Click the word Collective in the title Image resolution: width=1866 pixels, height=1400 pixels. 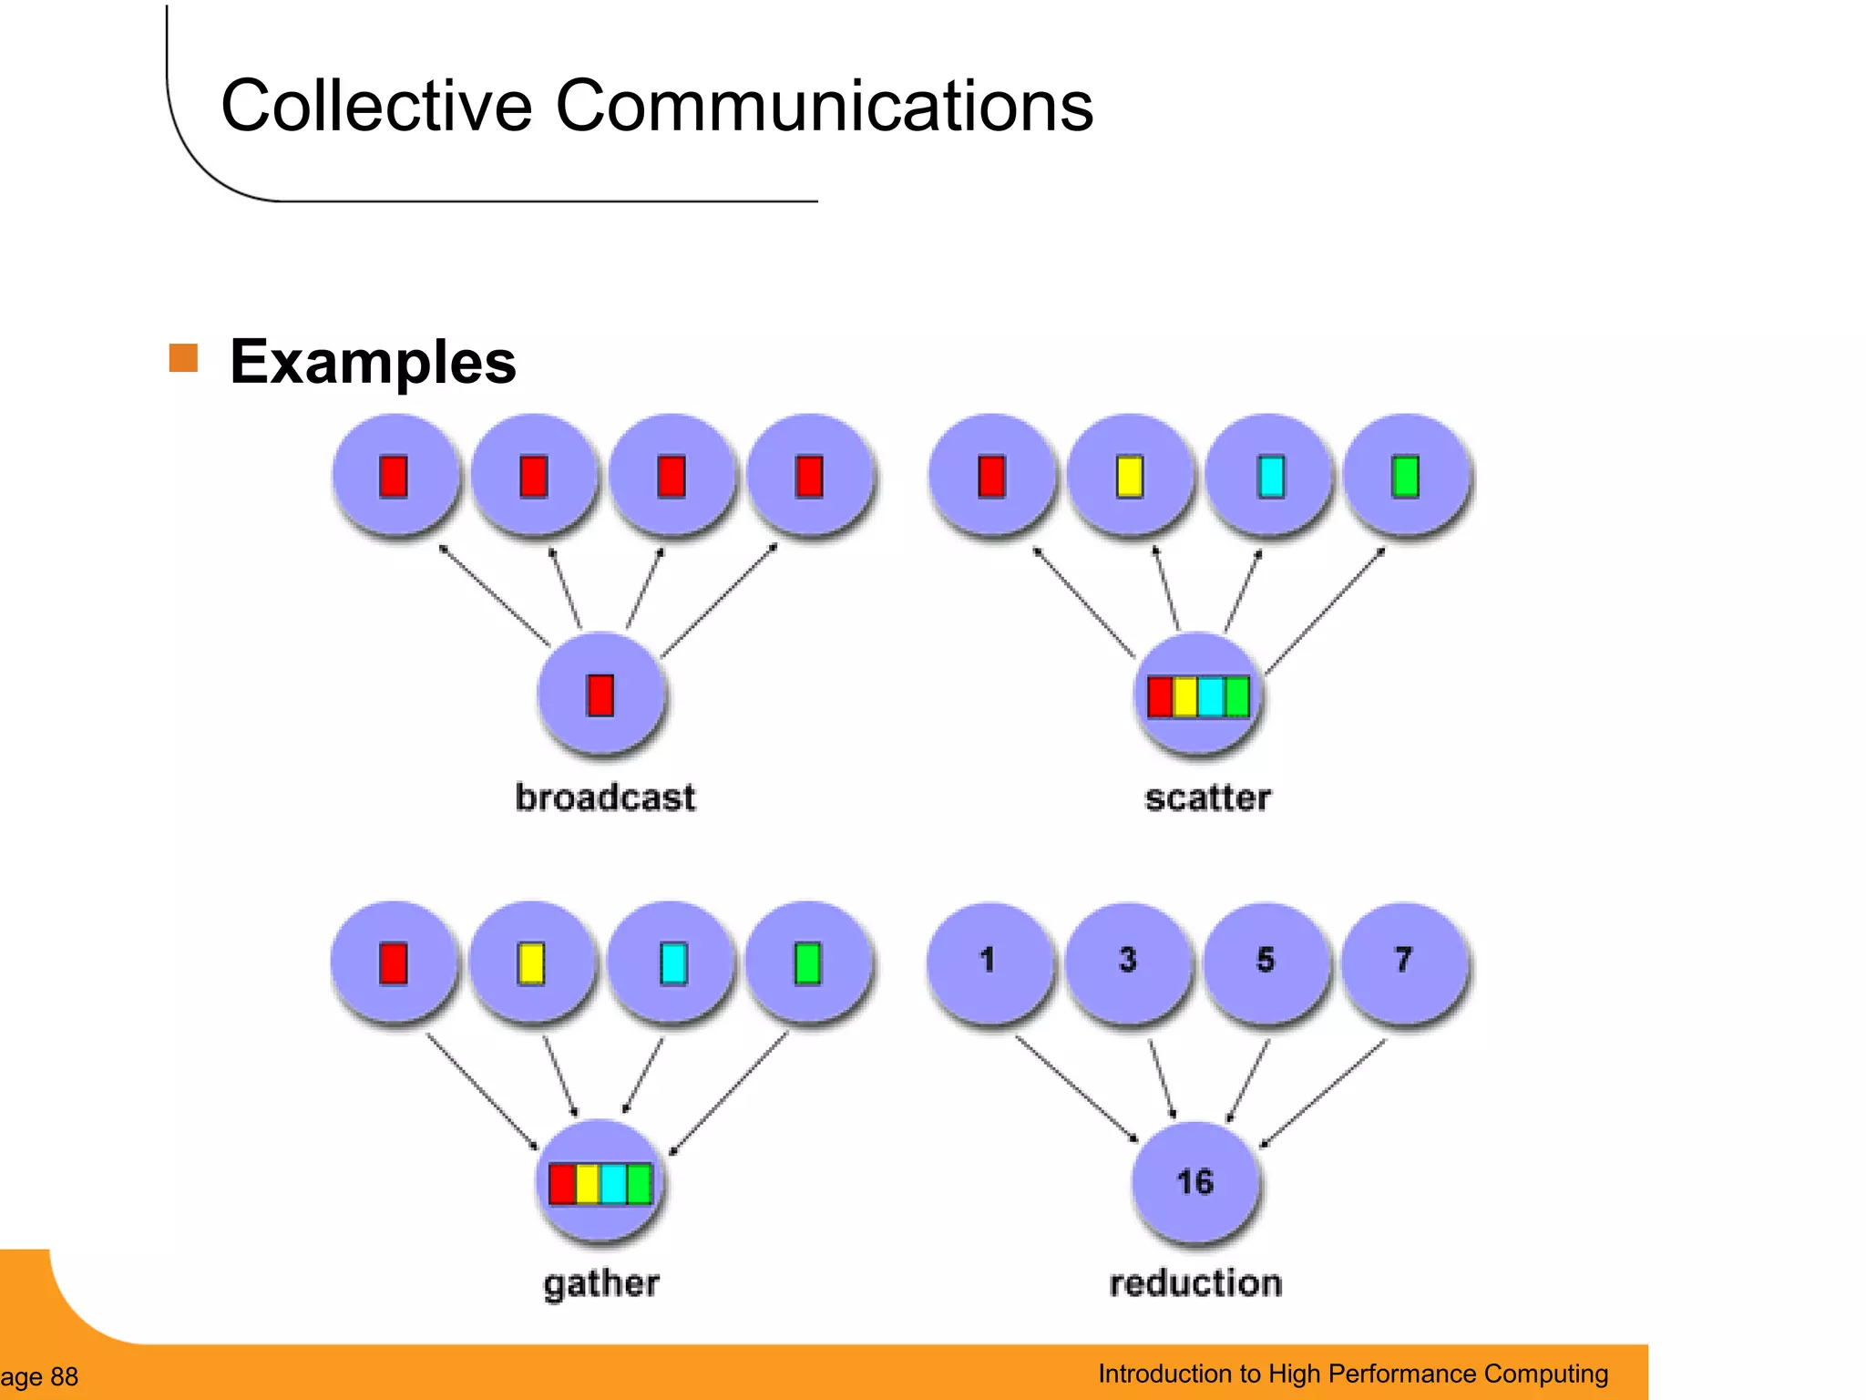click(375, 107)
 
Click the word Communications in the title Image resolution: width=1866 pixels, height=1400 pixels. click(824, 107)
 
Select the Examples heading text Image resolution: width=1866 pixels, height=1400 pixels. click(373, 363)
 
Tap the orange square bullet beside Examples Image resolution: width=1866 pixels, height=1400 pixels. click(184, 358)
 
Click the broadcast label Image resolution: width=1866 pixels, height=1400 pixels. click(605, 798)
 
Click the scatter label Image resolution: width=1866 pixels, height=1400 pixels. click(1207, 798)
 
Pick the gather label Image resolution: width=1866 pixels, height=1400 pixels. click(601, 1283)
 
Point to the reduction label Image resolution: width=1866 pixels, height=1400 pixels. click(1195, 1283)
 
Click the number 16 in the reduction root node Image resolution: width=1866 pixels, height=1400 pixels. click(1194, 1182)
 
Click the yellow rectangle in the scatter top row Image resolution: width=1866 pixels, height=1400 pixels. click(1130, 477)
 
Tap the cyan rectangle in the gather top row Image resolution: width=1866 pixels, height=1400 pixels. click(673, 964)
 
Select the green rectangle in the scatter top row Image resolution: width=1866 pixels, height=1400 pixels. click(1405, 477)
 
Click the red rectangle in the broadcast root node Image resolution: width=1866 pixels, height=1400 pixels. click(600, 695)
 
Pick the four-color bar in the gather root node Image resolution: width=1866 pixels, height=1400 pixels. click(600, 1184)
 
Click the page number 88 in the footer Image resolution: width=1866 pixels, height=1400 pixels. click(64, 1376)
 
